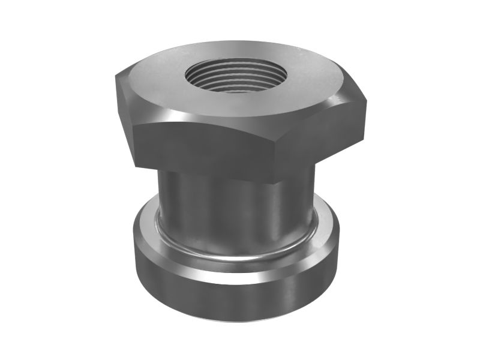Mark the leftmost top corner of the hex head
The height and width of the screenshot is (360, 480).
115,77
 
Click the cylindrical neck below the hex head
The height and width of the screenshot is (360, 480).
234,210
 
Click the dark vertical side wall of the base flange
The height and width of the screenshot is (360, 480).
234,300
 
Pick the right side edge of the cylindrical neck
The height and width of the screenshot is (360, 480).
314,198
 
